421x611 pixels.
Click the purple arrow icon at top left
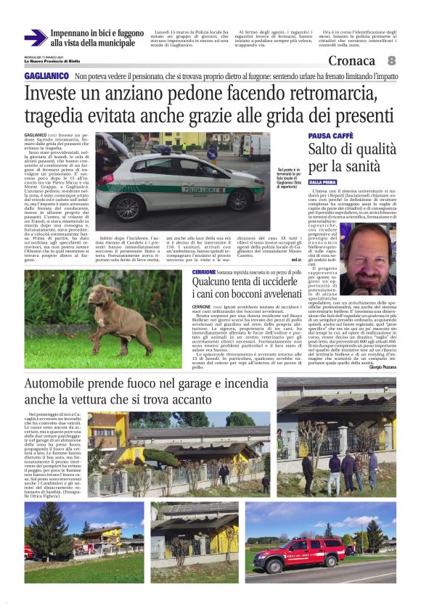[x=35, y=38]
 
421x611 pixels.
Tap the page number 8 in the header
[x=391, y=60]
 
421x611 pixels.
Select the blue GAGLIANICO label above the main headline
[x=45, y=76]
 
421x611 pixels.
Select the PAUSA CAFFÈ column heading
[x=330, y=136]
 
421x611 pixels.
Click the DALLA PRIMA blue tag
[x=322, y=182]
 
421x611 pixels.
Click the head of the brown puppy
[x=117, y=295]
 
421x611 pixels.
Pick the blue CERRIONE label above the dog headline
[x=204, y=271]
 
